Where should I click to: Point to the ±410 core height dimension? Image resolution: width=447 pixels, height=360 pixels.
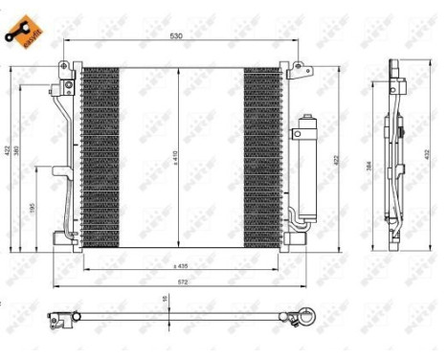tap(176, 154)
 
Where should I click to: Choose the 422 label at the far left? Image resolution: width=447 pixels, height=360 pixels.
tap(7, 154)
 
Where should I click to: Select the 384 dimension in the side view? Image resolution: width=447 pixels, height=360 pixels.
tap(371, 165)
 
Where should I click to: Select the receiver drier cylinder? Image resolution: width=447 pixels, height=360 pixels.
tap(307, 169)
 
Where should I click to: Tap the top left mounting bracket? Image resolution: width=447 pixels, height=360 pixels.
tap(65, 70)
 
